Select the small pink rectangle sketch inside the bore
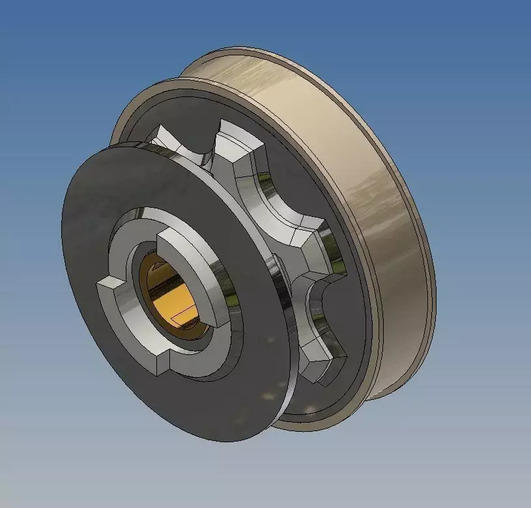click(x=184, y=315)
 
